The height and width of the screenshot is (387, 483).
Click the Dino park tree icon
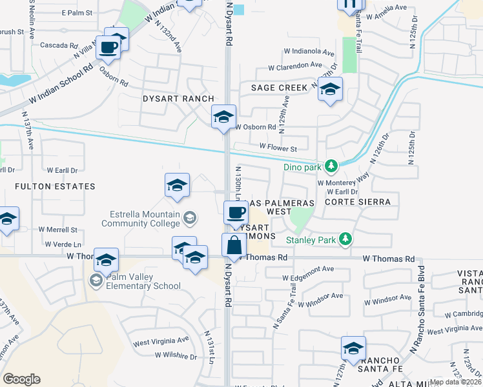[331, 167]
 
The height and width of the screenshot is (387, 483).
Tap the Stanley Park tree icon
[345, 239]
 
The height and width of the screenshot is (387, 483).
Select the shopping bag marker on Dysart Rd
[233, 246]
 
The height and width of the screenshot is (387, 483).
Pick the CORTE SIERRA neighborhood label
[358, 202]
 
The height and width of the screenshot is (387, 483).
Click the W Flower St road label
[278, 148]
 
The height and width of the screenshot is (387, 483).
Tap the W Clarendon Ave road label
[294, 65]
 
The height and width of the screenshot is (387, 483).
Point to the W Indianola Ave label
[309, 52]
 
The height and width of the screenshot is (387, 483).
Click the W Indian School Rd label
[57, 86]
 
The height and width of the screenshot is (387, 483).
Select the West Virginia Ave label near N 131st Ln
[161, 339]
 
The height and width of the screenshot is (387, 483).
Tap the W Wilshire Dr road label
[176, 355]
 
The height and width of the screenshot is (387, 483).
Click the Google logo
[21, 379]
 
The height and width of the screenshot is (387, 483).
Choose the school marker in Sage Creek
[330, 90]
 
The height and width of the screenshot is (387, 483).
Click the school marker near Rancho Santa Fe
[353, 349]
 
